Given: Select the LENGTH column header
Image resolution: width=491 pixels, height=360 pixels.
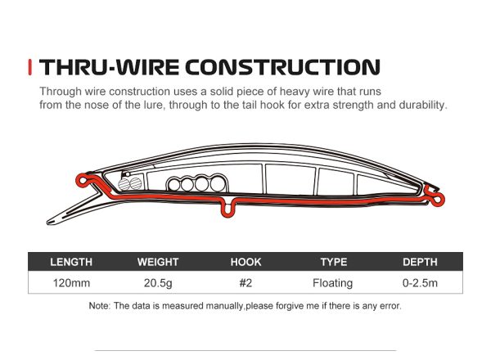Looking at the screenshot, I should [x=71, y=262].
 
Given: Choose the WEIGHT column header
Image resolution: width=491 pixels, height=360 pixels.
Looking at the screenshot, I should [x=158, y=262].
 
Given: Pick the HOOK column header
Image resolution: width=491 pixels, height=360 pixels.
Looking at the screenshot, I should [x=245, y=262].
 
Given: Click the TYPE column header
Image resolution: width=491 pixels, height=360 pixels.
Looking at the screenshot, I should [x=333, y=262].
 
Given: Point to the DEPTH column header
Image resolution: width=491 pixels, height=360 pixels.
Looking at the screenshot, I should [x=420, y=262].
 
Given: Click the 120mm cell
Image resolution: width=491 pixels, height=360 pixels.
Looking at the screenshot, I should [x=71, y=283].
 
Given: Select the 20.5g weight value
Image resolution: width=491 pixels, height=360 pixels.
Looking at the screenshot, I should [x=158, y=283].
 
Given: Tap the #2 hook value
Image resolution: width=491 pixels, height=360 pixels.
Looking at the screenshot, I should [x=245, y=283].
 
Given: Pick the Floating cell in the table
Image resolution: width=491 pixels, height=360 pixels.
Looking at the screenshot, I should [x=333, y=283].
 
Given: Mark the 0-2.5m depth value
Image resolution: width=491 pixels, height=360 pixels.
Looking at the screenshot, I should [x=420, y=283].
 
